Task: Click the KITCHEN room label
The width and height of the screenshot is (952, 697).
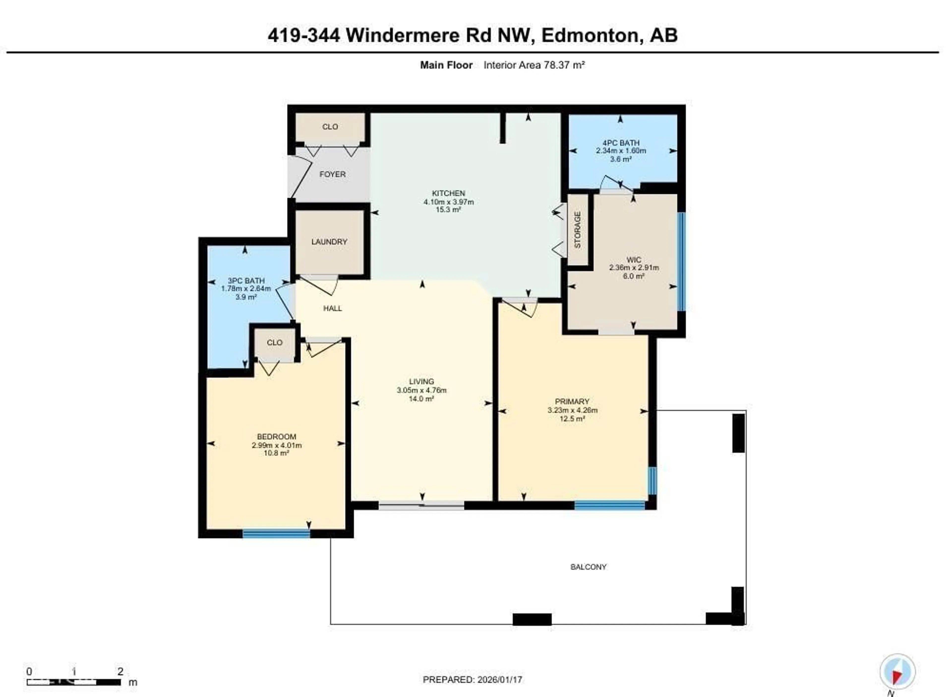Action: click(x=448, y=193)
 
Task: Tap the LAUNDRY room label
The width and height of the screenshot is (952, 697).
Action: click(x=329, y=242)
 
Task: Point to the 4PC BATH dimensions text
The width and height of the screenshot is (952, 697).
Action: click(x=621, y=151)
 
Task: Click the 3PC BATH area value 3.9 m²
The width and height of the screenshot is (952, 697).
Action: click(x=246, y=297)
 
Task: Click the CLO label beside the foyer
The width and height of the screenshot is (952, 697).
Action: click(x=330, y=127)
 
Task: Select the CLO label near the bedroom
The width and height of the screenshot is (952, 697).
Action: click(x=275, y=343)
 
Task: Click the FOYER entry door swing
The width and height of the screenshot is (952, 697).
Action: click(x=300, y=177)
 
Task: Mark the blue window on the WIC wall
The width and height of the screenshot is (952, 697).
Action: click(x=681, y=261)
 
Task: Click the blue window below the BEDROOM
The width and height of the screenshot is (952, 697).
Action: click(x=276, y=534)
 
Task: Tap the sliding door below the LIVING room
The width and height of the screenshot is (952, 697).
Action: click(x=421, y=505)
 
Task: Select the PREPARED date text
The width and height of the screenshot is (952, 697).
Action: click(x=472, y=680)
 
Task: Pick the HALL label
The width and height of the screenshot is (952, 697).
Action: click(x=332, y=308)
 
